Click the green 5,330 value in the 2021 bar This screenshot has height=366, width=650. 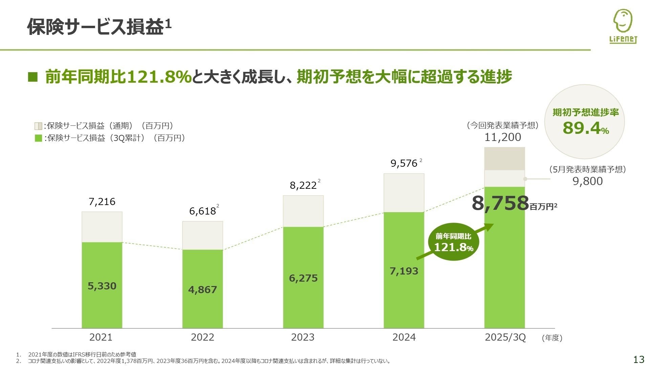pos(102,286)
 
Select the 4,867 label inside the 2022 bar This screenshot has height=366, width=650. pos(202,290)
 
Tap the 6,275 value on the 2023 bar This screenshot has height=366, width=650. pos(303,278)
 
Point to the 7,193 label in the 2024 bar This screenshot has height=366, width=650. pos(404,271)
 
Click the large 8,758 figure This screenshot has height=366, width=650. pos(500,203)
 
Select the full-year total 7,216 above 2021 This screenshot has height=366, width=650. pos(102,202)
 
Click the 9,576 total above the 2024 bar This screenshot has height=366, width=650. pos(404,164)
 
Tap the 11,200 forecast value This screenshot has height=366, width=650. pos(503,137)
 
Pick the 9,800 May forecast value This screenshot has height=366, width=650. pos(587,181)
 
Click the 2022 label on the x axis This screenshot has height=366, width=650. pos(202,337)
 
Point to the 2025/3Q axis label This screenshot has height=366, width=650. pos(505,337)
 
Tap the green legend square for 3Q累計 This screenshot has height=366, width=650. pos(38,138)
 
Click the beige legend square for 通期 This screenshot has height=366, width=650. pos(38,126)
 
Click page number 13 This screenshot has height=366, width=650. pos(638,359)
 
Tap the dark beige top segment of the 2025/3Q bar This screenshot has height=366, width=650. pos(504,159)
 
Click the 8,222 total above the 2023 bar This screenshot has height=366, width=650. pos(303,185)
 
